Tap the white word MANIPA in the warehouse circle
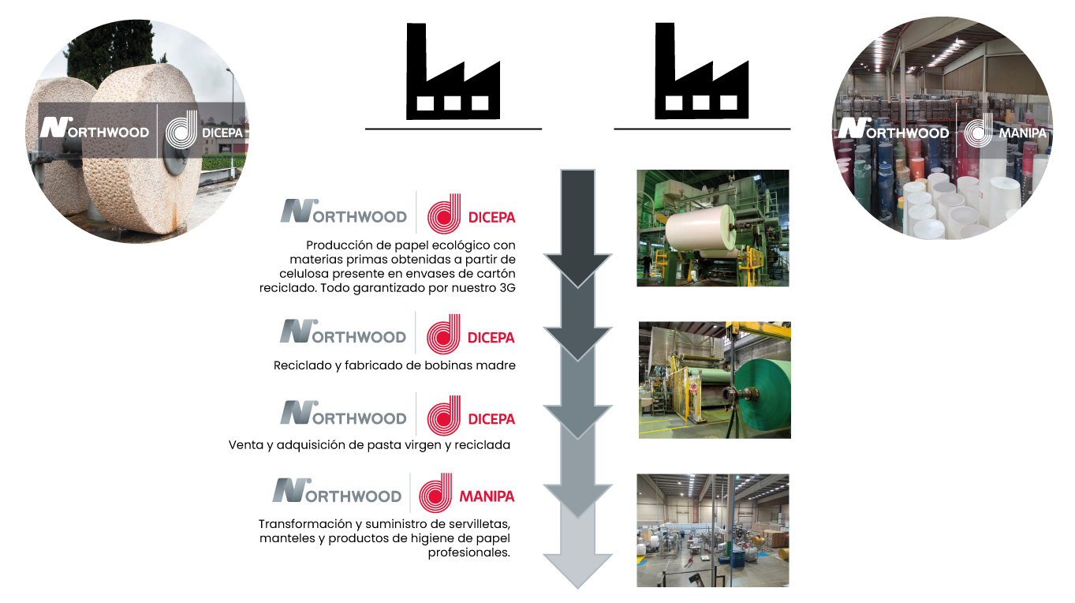[1022, 133]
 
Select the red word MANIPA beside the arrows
[487, 496]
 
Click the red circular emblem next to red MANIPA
[435, 493]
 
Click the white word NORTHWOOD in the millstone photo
[106, 131]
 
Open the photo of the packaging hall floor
[712, 530]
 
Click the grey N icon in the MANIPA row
[290, 491]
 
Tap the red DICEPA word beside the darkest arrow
[491, 217]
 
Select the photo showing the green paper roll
[714, 380]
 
